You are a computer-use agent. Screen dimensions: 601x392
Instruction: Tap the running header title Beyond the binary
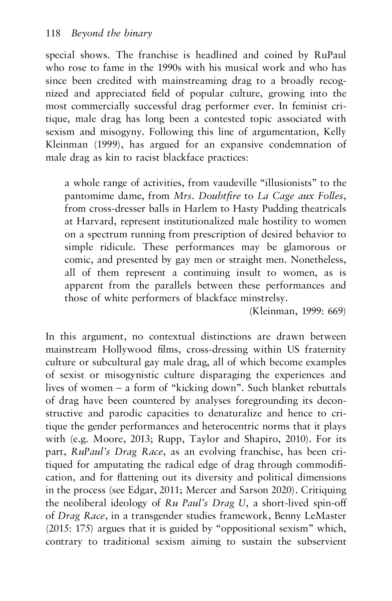coord(112,33)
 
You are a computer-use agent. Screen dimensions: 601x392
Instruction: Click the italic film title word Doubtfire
coord(217,196)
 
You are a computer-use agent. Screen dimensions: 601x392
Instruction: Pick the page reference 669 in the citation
coord(336,311)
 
